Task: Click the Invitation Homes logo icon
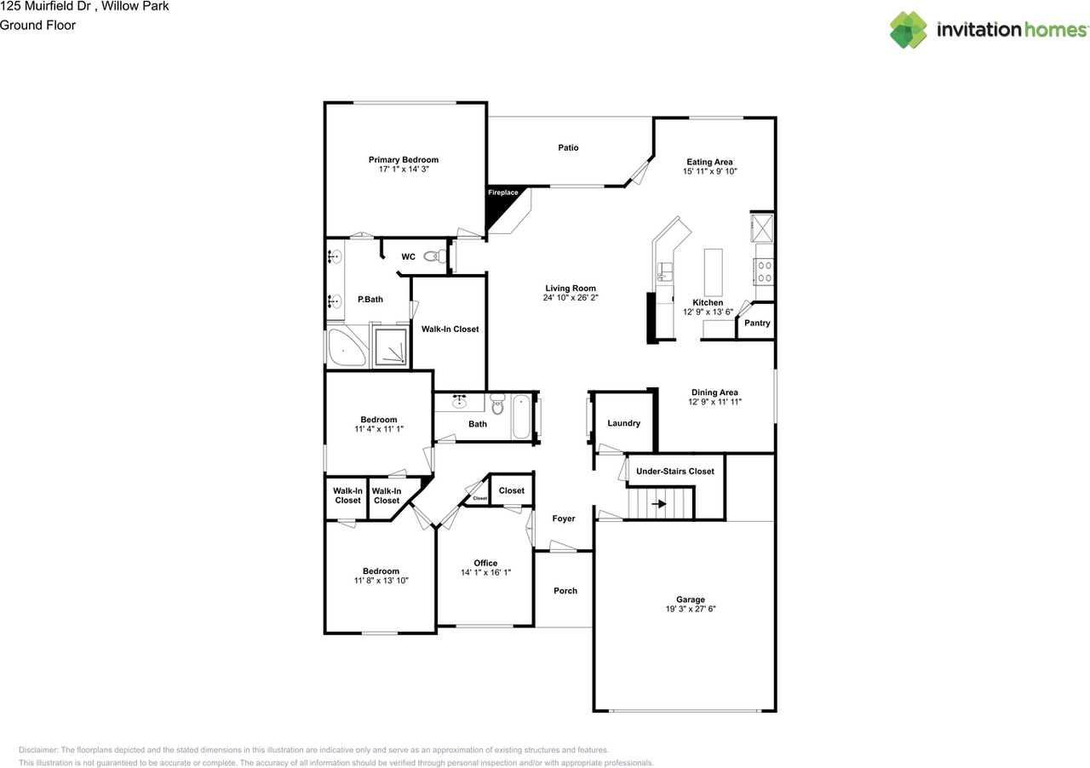909,30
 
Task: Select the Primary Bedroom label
404,159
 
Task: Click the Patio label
568,147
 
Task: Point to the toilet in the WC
435,255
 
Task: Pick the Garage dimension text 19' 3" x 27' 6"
685,610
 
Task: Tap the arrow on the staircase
659,504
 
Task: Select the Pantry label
757,323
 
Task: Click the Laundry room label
623,423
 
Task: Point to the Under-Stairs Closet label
675,471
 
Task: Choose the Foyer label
564,519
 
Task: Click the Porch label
565,591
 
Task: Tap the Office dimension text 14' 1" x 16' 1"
485,573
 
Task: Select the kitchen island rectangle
712,271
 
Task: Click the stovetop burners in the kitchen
764,271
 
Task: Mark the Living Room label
570,288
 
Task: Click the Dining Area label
714,393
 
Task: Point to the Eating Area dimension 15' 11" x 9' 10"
709,171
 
